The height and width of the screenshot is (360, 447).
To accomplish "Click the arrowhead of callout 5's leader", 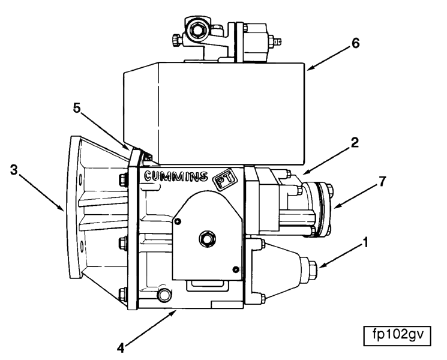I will coord(127,148).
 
